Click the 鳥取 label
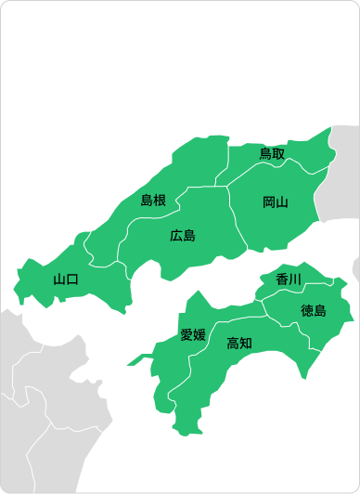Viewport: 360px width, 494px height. [272, 154]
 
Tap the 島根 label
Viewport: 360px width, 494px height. [153, 200]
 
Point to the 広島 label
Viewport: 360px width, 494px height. [183, 235]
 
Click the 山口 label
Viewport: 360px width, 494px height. [66, 279]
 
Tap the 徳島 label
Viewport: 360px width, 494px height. [314, 310]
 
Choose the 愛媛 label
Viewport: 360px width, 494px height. [193, 334]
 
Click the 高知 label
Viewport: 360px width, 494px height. [239, 343]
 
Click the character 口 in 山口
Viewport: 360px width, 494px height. [72, 279]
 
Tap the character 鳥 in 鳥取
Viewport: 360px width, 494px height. [265, 154]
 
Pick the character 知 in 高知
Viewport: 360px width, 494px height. [246, 343]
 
